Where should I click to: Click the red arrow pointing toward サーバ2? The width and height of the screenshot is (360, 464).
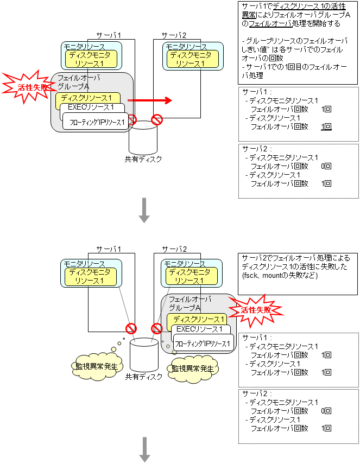click(149, 100)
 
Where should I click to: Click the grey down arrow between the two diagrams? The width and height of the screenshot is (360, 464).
click(144, 210)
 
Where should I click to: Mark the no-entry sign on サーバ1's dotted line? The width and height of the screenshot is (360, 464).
click(131, 328)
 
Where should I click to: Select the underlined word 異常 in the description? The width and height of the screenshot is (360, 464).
click(250, 15)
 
